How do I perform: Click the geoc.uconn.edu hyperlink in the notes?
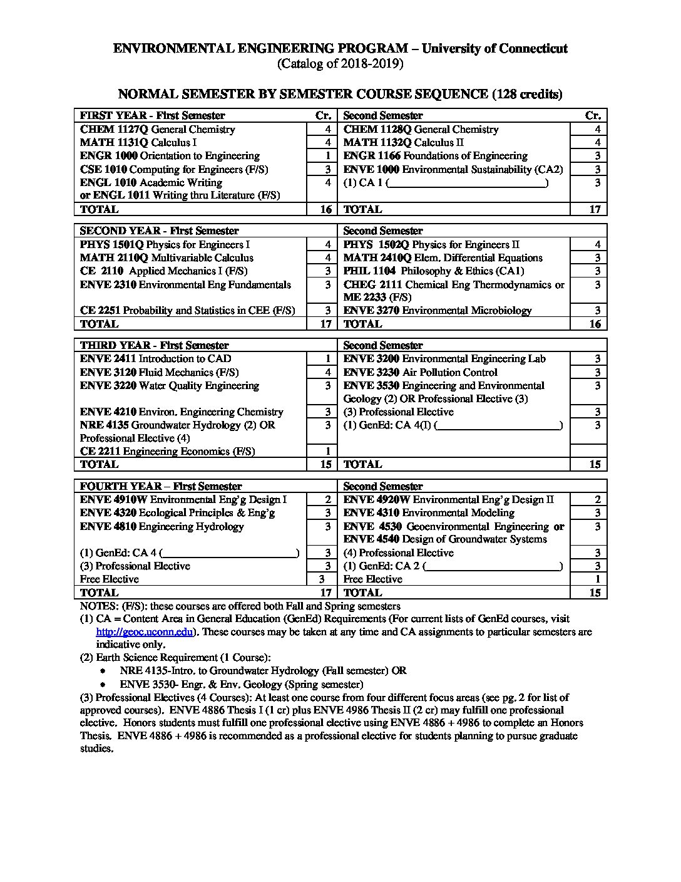144,632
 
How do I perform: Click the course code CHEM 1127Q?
115,130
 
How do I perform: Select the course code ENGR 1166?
372,156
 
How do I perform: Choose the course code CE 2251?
100,311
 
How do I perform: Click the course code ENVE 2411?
108,359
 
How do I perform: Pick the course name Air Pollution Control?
449,373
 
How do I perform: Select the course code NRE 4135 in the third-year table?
104,425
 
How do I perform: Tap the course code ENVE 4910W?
113,500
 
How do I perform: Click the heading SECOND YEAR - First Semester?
159,231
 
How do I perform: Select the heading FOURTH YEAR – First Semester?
160,487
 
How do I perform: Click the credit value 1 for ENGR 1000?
327,156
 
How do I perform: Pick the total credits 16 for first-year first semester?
326,209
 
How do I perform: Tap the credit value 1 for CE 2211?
327,452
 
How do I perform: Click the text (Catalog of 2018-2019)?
340,64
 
